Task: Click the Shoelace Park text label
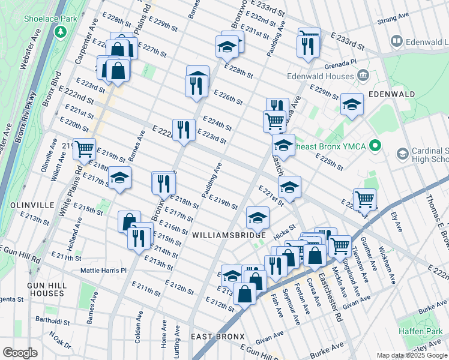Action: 51,19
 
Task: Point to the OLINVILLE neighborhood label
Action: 28,205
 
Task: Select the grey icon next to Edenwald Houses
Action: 363,75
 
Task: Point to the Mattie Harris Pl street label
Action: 104,271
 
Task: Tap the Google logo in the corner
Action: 20,353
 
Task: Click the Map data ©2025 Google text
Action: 411,355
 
